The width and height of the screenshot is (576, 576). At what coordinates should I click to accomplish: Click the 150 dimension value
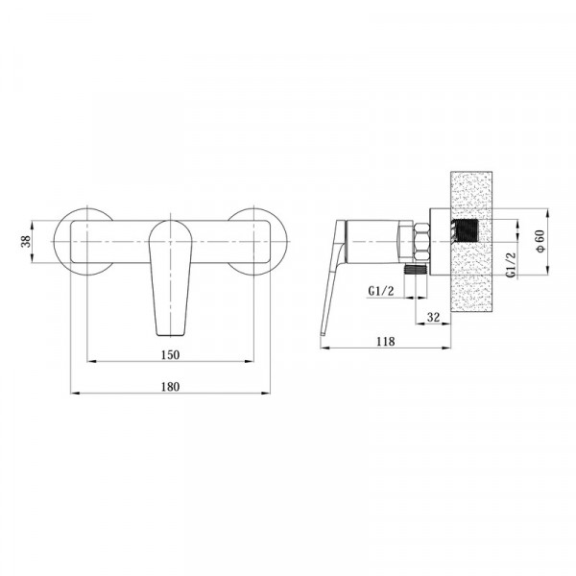(168, 354)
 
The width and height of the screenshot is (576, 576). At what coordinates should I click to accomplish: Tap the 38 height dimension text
(27, 242)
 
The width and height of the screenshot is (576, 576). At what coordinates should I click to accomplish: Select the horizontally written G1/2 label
(382, 291)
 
